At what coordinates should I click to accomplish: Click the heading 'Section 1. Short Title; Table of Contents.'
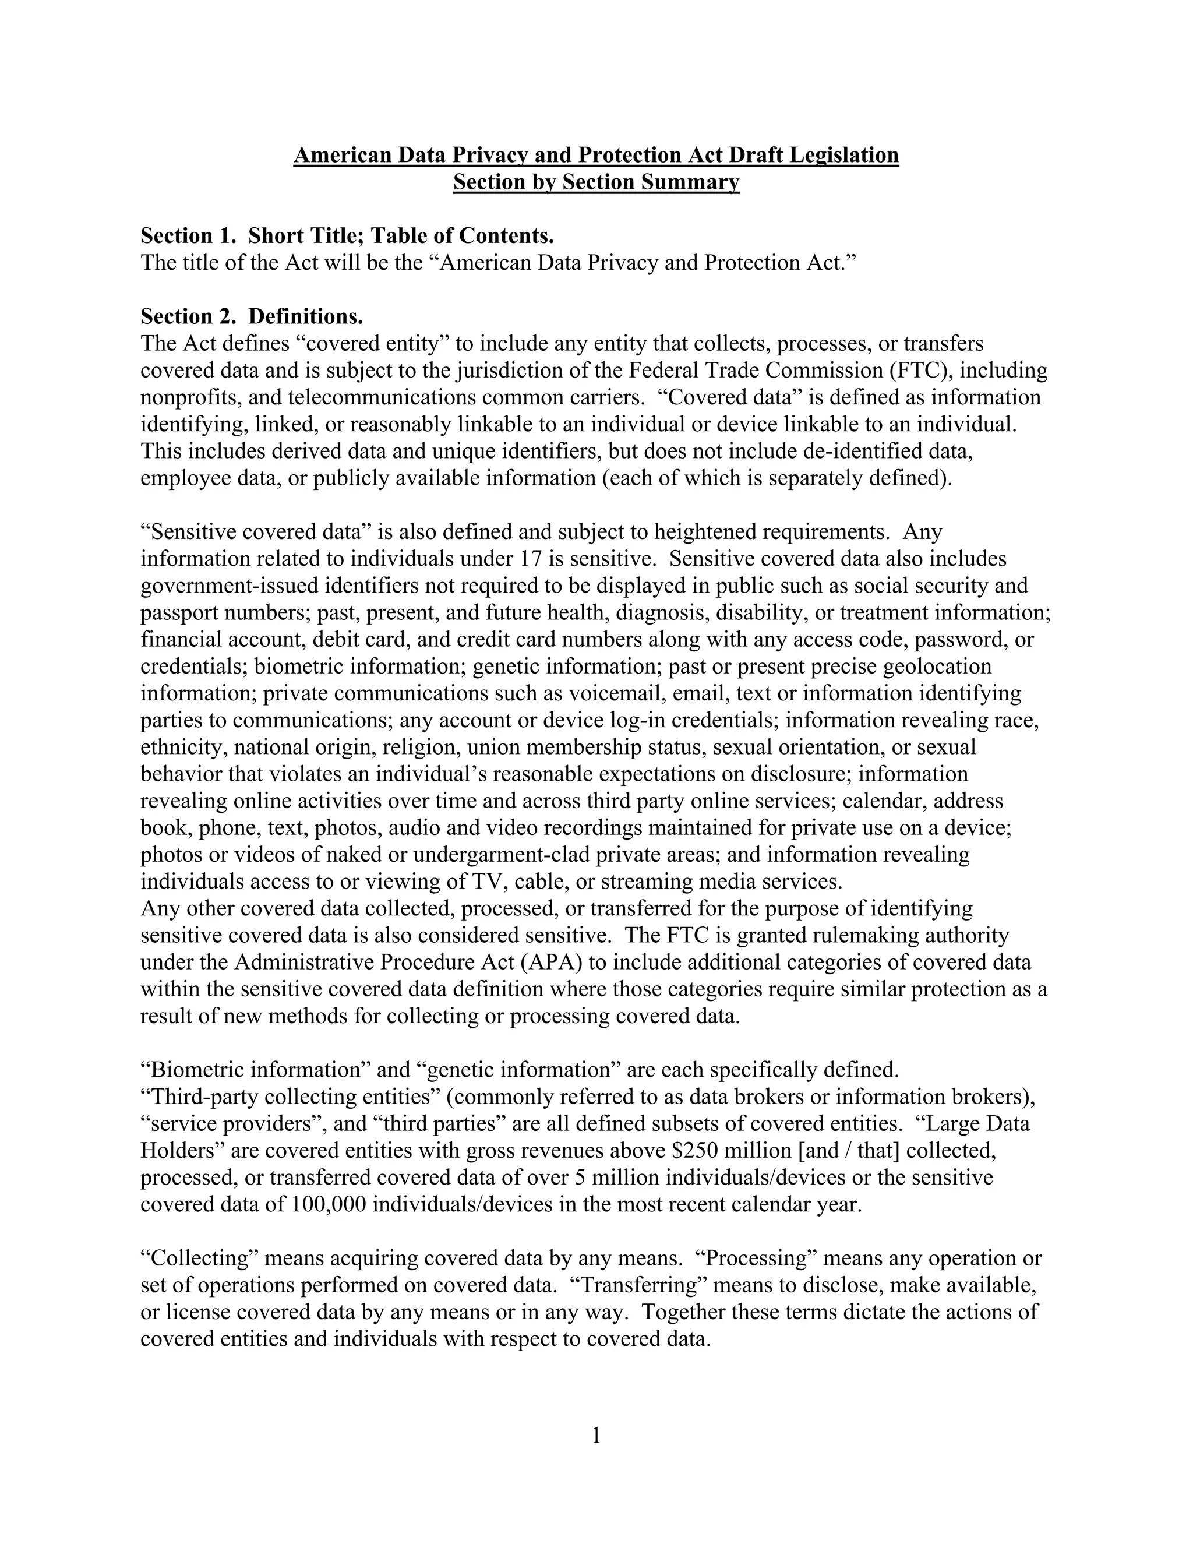point(347,235)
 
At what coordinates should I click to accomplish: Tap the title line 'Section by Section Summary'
point(596,182)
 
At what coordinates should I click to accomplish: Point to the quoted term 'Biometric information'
point(255,1070)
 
